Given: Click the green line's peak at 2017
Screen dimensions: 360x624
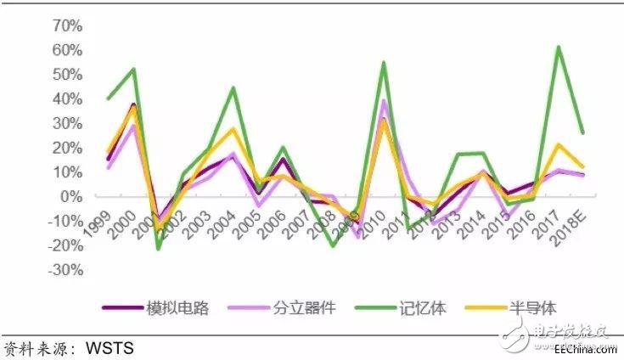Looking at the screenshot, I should [x=558, y=47].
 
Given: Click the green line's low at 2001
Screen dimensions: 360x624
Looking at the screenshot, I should [x=158, y=249].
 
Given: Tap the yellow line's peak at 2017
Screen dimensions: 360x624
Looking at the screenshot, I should [x=558, y=144].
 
